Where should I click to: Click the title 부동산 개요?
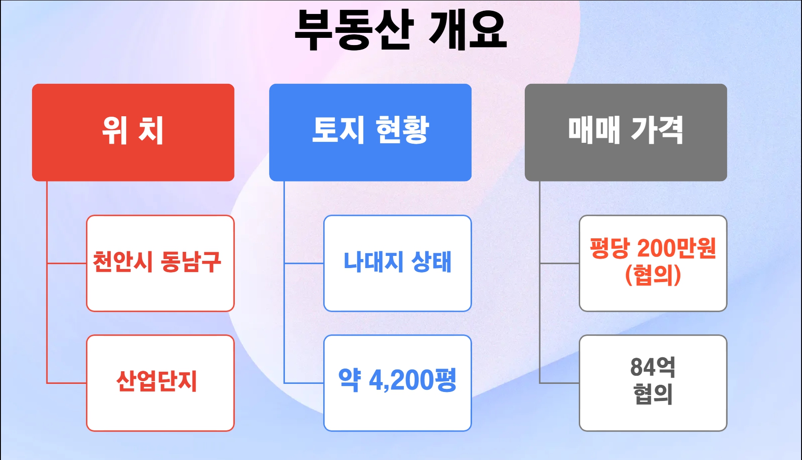pos(401,30)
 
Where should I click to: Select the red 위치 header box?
pos(133,132)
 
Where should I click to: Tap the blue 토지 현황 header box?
pos(370,132)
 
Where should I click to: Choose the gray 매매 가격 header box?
pos(626,132)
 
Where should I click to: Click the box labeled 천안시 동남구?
pos(160,263)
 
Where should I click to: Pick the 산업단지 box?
pos(160,383)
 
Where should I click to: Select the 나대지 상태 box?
pos(397,263)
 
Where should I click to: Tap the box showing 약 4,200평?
pos(397,383)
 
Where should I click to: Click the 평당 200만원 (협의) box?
pos(653,263)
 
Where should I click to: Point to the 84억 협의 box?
pos(653,383)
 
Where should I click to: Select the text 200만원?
pos(677,248)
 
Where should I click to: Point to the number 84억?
pos(653,367)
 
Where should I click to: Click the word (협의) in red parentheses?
pos(653,275)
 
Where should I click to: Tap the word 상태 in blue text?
pos(431,262)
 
